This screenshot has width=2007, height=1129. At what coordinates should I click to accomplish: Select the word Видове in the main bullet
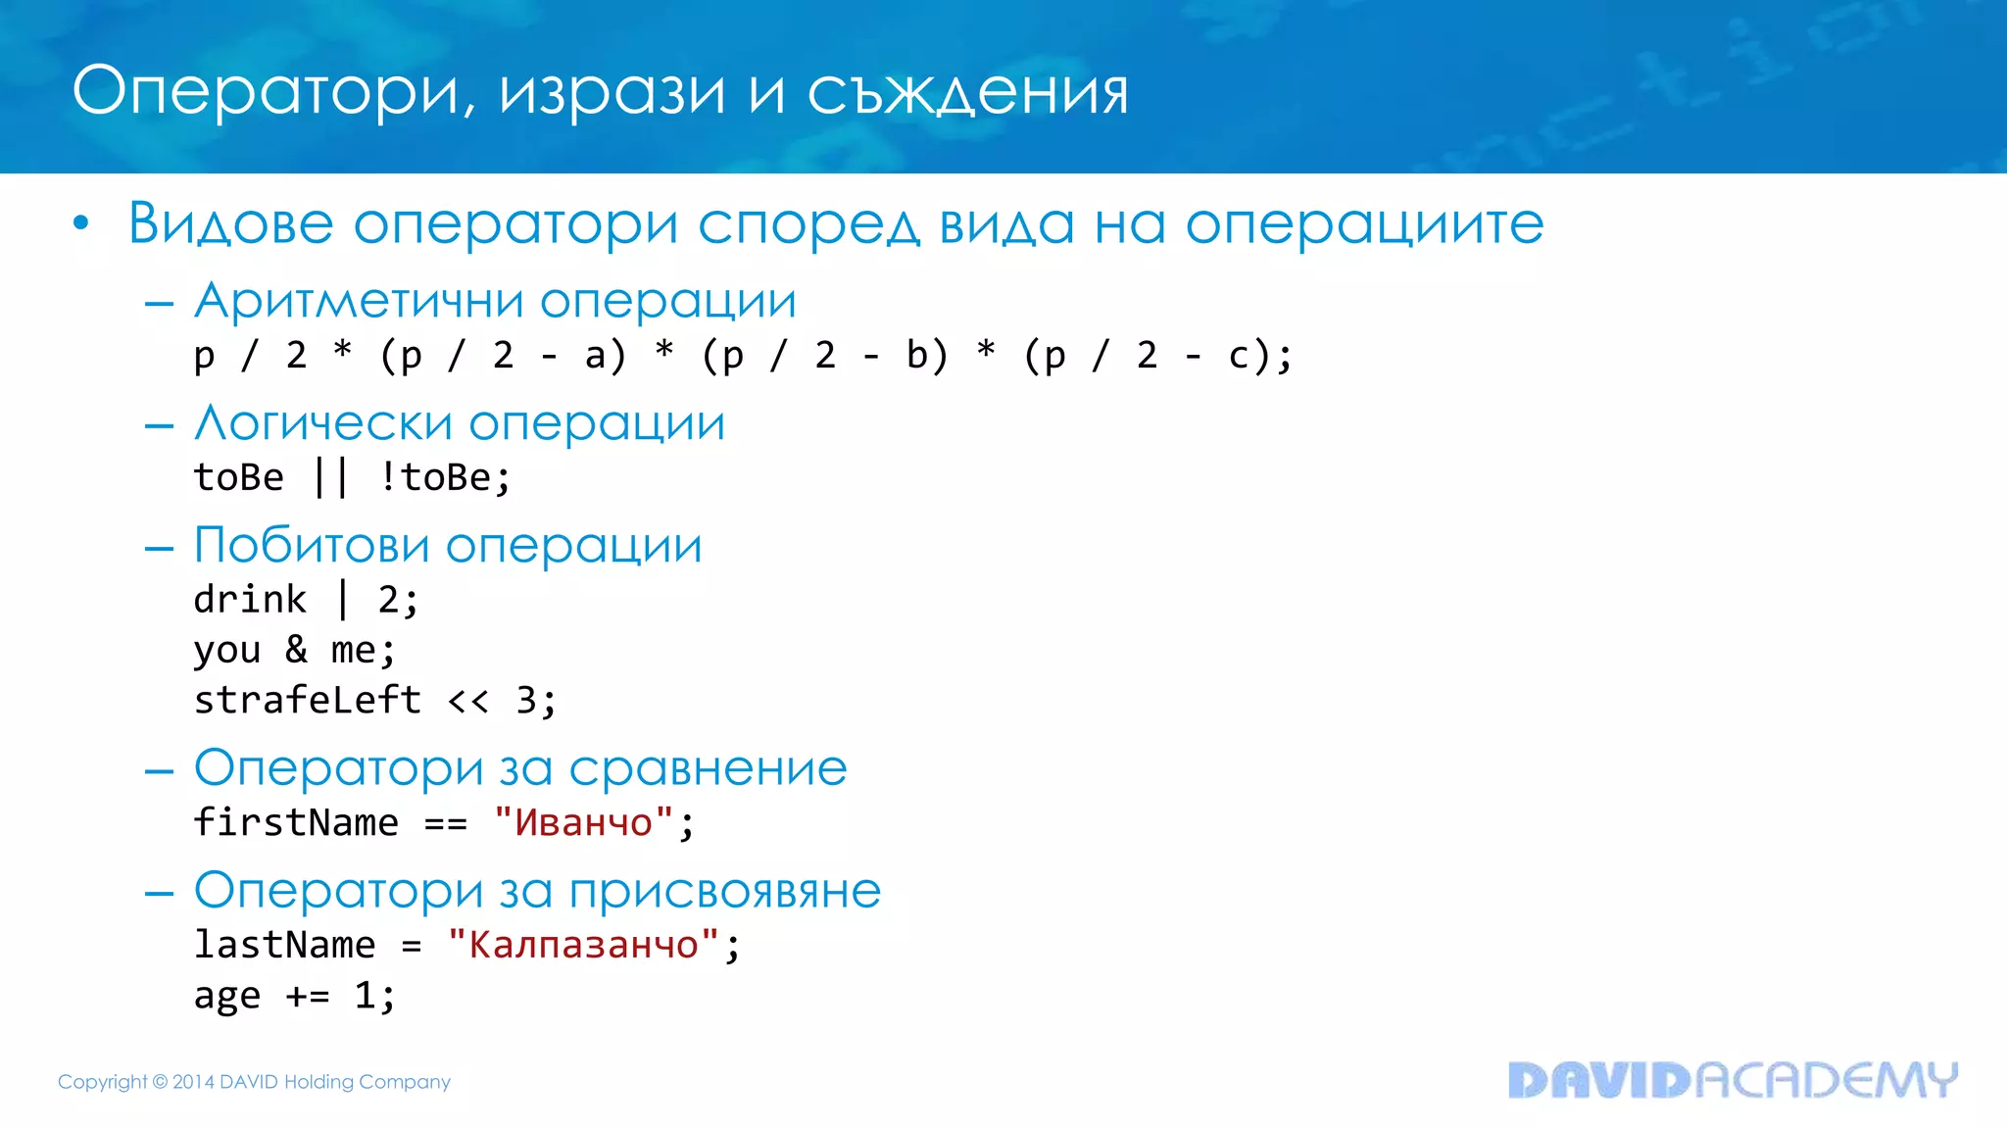click(x=230, y=223)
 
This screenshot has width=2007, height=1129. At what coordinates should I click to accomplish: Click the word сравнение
click(x=708, y=767)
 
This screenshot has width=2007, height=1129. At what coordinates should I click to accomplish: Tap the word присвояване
click(x=724, y=891)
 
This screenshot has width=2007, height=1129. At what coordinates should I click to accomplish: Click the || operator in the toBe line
click(x=330, y=477)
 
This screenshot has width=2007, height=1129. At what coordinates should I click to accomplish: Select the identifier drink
click(x=250, y=599)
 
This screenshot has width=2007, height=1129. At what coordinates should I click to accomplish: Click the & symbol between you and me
click(x=296, y=649)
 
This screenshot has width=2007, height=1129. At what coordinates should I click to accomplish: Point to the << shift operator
click(x=467, y=701)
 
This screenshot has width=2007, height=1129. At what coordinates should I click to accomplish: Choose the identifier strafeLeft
click(x=307, y=700)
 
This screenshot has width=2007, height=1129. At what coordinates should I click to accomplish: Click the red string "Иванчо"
click(x=583, y=822)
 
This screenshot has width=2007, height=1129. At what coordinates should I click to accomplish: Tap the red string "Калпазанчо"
click(x=583, y=945)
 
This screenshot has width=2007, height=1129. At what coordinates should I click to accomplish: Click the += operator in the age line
click(x=307, y=996)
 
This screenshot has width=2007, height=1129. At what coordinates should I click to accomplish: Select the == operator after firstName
click(x=445, y=823)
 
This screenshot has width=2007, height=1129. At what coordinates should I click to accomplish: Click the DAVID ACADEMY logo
click(x=1732, y=1080)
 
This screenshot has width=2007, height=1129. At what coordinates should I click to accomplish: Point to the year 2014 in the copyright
click(x=193, y=1082)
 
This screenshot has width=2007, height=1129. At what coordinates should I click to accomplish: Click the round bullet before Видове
click(x=81, y=223)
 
